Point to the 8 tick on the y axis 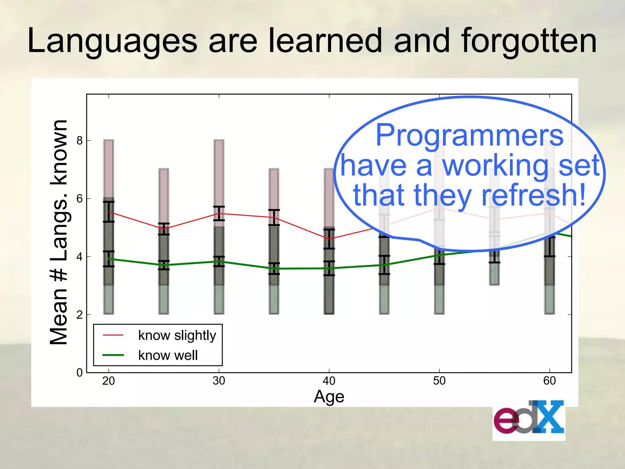[80, 140]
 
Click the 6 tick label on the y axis [80, 199]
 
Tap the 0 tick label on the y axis [80, 373]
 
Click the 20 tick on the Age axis [109, 381]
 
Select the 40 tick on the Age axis [329, 381]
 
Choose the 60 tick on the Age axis [549, 381]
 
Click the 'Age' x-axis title [329, 397]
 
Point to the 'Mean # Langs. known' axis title [59, 232]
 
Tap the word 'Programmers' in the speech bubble [469, 135]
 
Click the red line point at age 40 [329, 239]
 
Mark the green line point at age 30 [219, 261]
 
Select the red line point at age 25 [164, 229]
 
